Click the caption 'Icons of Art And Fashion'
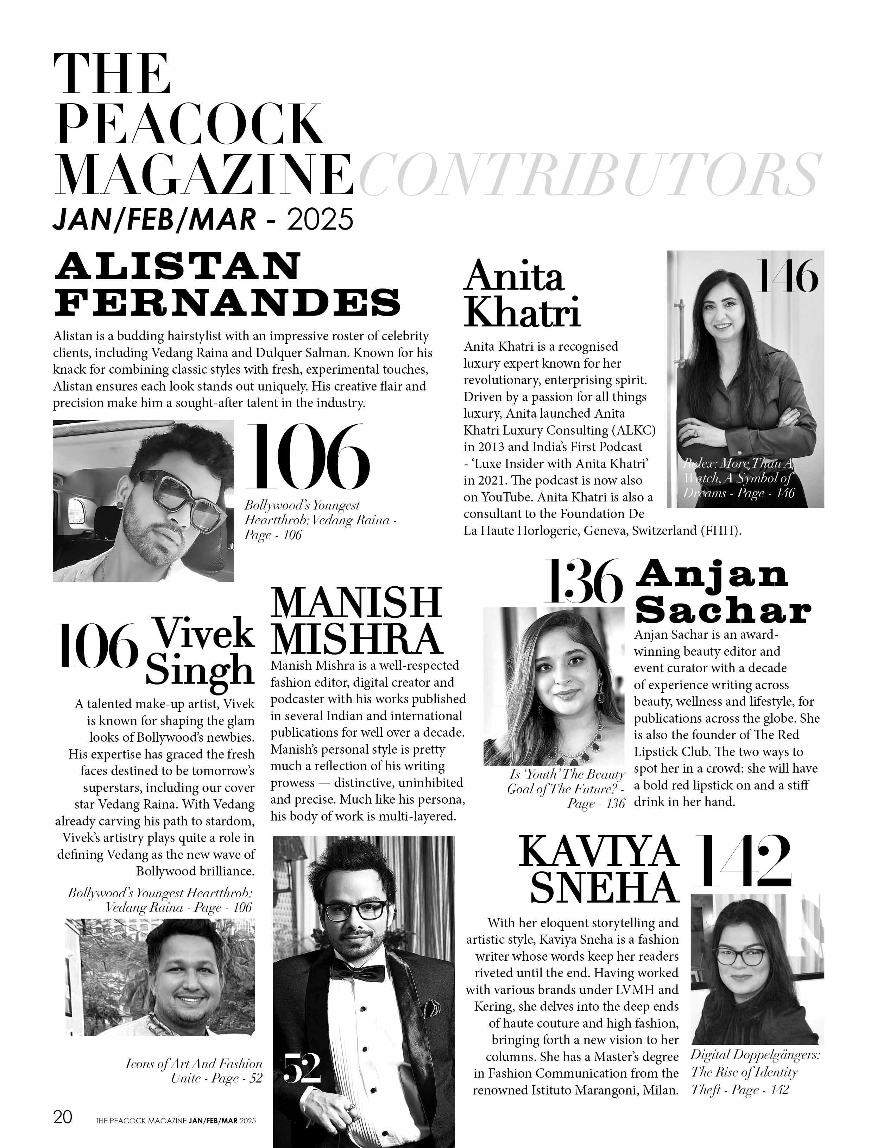pos(194,1063)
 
